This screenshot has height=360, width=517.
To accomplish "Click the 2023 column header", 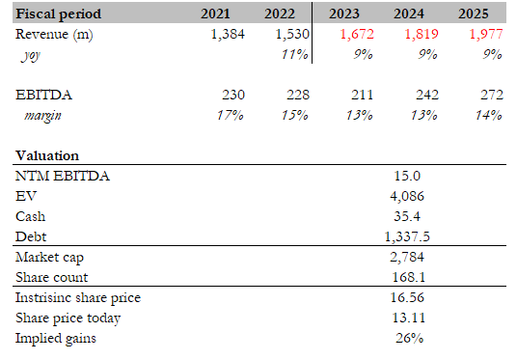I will click(345, 14).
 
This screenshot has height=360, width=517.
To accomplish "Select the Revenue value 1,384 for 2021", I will click(228, 35).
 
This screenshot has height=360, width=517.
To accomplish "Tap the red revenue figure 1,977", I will click(485, 35).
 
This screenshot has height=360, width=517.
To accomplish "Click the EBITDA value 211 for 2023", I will click(356, 95).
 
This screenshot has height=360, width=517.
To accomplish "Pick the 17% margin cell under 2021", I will click(230, 115).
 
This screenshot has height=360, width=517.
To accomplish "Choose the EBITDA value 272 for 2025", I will click(490, 95).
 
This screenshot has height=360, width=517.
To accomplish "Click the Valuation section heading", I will click(47, 155).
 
